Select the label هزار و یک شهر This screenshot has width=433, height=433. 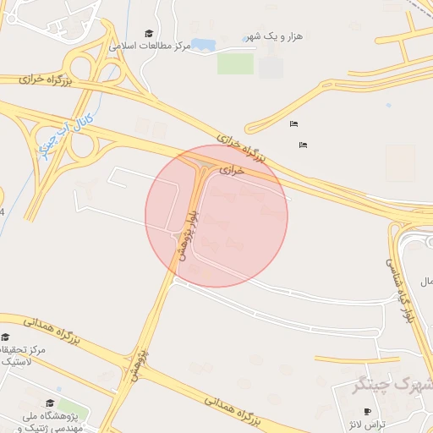point(273,36)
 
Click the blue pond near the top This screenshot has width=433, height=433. point(203,44)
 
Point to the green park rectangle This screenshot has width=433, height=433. point(235,63)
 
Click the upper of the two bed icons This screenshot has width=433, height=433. point(293,124)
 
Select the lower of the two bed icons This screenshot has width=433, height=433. point(303,145)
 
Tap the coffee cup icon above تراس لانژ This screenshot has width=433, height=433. point(366,411)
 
